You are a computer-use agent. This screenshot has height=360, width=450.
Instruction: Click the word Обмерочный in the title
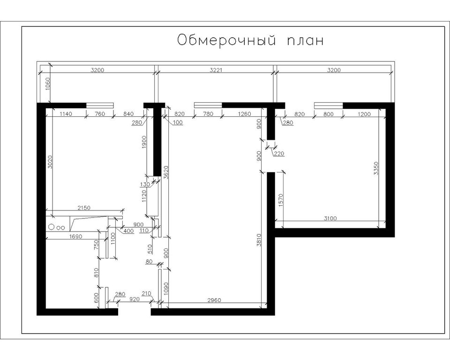(227, 40)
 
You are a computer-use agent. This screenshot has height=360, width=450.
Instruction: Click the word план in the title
(305, 40)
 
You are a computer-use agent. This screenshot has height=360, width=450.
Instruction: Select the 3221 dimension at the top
(216, 70)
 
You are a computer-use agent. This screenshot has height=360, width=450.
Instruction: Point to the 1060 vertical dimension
(47, 84)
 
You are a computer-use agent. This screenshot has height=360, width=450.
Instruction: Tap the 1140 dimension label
(66, 114)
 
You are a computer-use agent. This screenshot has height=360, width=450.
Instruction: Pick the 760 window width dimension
(100, 114)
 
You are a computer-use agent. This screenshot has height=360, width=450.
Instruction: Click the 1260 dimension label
(244, 114)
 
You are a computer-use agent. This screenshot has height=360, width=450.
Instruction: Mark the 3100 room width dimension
(330, 218)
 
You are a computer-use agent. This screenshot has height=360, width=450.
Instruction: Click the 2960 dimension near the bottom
(214, 300)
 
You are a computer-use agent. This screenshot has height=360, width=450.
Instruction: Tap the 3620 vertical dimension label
(165, 172)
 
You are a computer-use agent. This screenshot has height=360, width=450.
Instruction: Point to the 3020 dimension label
(50, 162)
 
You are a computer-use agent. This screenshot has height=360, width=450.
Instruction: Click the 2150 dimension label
(84, 208)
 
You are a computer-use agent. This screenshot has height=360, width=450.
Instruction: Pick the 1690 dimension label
(76, 237)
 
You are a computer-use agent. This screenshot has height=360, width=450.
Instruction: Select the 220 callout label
(278, 154)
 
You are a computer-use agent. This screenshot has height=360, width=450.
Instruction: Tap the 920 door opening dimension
(135, 299)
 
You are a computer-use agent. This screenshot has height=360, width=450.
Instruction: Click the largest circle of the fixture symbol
(52, 227)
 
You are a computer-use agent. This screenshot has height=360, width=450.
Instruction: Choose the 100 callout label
(178, 123)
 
